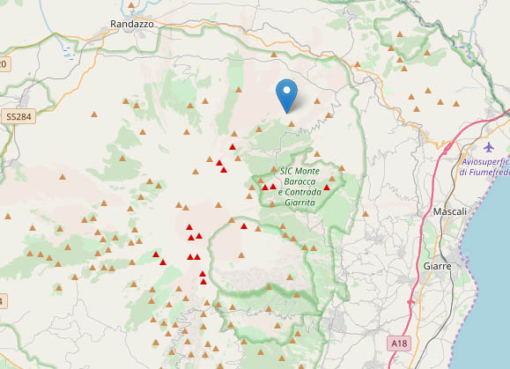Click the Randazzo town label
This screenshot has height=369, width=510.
point(132,25)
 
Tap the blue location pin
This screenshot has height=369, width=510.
point(286,93)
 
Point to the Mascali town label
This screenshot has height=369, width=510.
point(450,212)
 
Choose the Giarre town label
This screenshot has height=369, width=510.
point(437,265)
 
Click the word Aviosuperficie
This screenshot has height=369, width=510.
point(485,161)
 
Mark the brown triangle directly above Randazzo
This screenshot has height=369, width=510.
point(134,4)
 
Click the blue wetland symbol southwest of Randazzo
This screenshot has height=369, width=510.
point(69,52)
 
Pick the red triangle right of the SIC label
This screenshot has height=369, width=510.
point(327,187)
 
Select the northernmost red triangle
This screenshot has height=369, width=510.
point(233,146)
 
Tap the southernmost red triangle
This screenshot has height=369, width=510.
point(203,282)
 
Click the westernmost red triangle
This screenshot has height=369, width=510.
point(156,255)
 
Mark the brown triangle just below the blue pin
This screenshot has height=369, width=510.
point(291,123)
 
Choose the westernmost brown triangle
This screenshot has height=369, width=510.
point(6,216)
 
